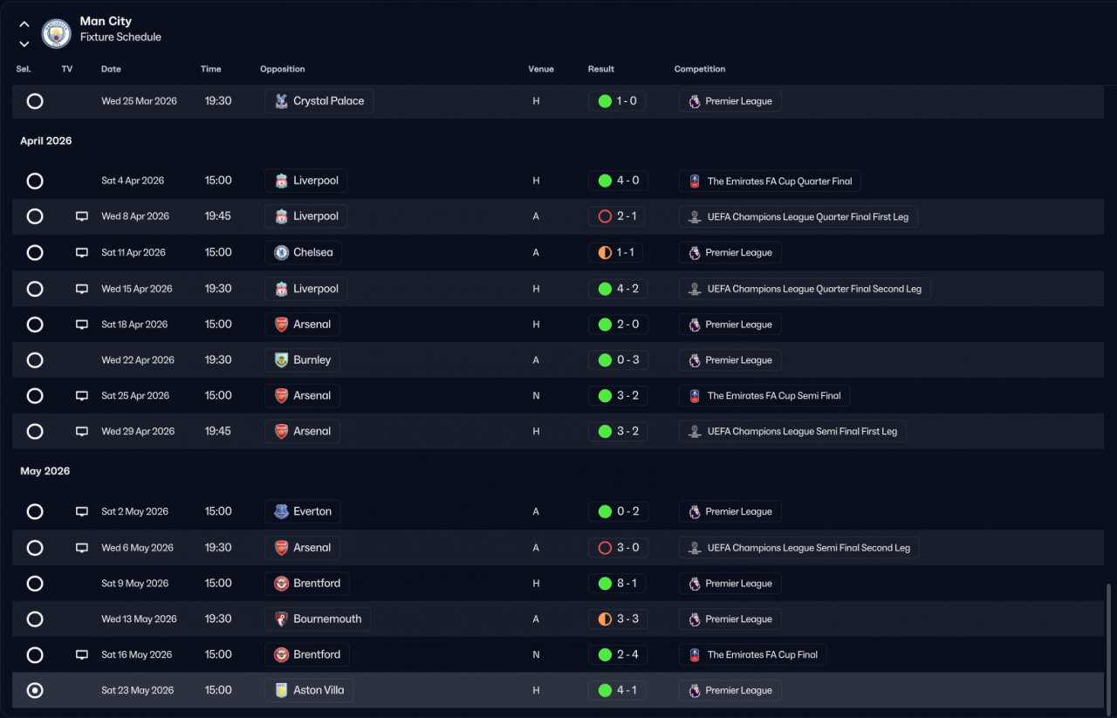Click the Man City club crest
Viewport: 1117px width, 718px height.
pos(56,33)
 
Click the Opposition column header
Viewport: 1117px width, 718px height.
pos(282,69)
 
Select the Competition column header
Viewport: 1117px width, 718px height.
pos(700,69)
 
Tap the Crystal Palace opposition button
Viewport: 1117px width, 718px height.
pos(319,101)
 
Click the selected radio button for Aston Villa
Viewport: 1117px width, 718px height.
pos(35,690)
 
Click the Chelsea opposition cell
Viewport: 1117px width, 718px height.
pos(303,252)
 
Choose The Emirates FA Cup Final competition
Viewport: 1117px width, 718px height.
pos(753,654)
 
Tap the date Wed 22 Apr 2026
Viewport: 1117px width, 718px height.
pos(138,360)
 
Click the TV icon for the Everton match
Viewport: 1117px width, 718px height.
pos(82,511)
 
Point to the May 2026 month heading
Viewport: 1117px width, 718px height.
pos(45,471)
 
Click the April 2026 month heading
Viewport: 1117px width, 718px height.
pos(46,141)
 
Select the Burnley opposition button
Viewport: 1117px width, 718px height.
pos(302,360)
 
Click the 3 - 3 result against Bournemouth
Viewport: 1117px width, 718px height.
pos(619,619)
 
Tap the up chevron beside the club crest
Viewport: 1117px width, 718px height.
pos(24,24)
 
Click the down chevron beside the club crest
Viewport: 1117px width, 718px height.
pos(24,44)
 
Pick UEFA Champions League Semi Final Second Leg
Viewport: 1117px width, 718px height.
pos(799,548)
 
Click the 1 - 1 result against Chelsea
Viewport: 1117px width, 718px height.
pos(616,252)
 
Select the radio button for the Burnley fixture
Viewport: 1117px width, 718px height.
pos(35,360)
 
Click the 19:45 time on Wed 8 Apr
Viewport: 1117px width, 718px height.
pos(218,216)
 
